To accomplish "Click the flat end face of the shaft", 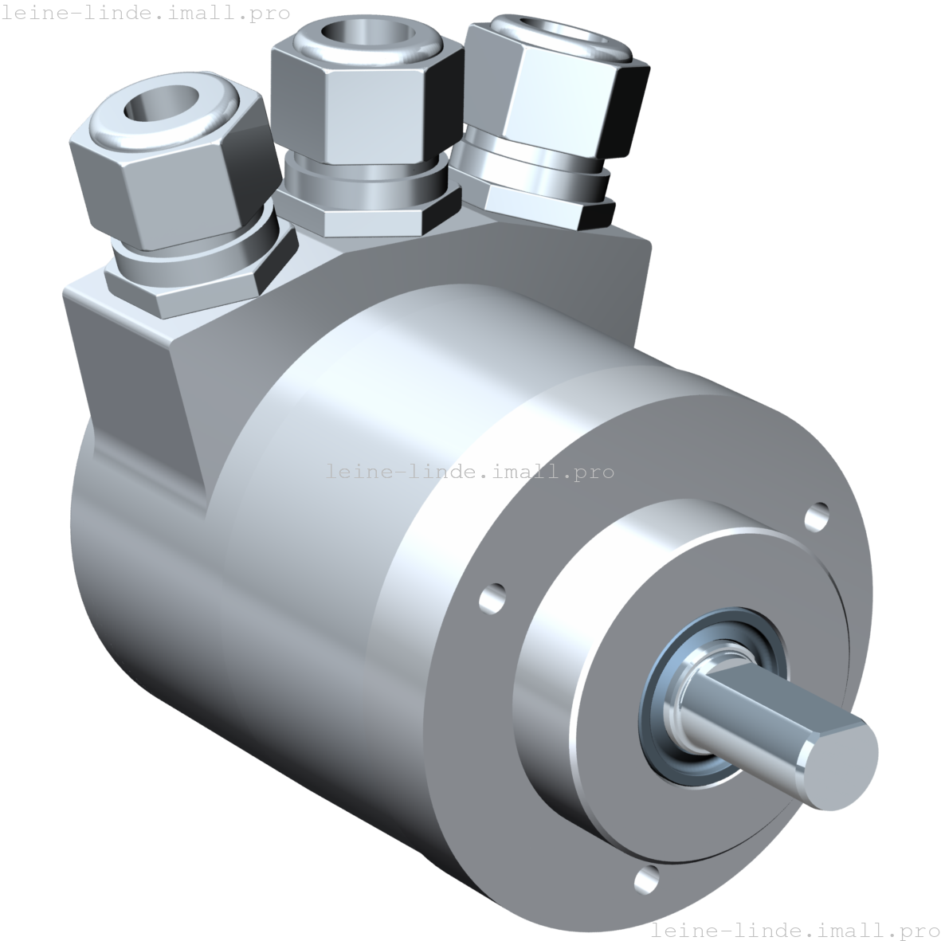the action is (x=839, y=765).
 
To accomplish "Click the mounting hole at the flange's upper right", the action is (x=816, y=516).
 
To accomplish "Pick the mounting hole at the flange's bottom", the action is (x=646, y=880).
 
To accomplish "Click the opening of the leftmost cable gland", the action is (x=161, y=104).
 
